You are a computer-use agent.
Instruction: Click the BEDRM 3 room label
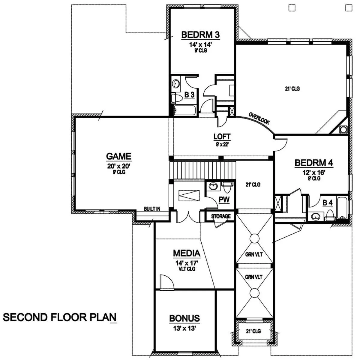(200, 35)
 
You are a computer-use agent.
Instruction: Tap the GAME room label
(118, 156)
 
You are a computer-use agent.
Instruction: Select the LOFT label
(222, 136)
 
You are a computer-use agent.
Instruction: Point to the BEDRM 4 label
(314, 163)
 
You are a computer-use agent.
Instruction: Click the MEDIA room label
(187, 253)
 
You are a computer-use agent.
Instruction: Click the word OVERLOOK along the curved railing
(259, 119)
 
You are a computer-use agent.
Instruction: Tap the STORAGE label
(221, 216)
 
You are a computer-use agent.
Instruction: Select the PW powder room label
(224, 200)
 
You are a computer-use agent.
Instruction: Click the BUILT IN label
(152, 209)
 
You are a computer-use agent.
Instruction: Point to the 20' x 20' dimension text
(118, 166)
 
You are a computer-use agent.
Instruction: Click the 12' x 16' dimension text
(314, 172)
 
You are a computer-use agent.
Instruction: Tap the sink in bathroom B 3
(176, 84)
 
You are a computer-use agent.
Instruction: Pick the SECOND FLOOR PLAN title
(60, 318)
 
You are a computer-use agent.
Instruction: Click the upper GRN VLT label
(254, 255)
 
